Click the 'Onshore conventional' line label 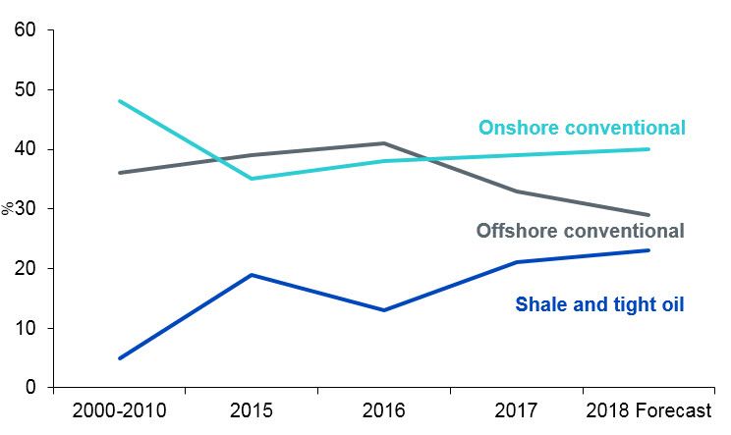582,128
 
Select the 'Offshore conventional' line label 580,232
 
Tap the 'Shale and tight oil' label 599,304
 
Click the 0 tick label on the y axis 31,388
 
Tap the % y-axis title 8,208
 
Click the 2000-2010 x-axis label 119,409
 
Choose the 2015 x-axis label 252,409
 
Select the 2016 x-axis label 384,409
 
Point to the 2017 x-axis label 517,409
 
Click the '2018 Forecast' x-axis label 647,409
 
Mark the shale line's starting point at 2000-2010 119,358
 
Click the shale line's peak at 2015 252,275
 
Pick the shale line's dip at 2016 384,310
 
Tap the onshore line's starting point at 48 119,101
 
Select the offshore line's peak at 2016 384,143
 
